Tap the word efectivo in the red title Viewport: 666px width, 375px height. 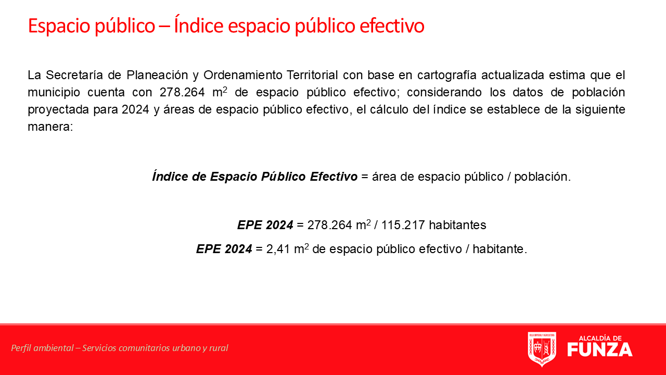(x=392, y=26)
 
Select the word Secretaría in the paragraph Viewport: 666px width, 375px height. (x=74, y=75)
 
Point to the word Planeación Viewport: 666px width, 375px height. (x=157, y=75)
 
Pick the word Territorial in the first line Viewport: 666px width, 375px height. (x=312, y=75)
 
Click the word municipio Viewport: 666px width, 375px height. (x=54, y=93)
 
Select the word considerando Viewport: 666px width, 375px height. (x=444, y=92)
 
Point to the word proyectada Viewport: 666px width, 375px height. (x=58, y=110)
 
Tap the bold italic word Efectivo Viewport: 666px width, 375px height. (x=334, y=177)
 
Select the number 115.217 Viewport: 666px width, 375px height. (x=403, y=225)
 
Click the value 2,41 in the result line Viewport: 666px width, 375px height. (x=278, y=249)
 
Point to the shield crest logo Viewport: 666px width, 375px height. (x=542, y=349)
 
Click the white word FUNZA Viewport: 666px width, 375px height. (x=600, y=349)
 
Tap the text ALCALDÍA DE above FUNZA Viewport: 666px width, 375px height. (x=600, y=338)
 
